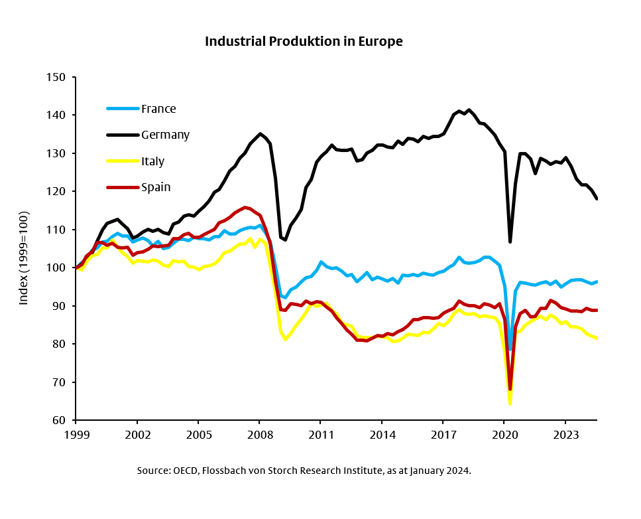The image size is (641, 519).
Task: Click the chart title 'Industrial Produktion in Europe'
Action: (x=304, y=41)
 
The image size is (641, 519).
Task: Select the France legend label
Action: (x=158, y=109)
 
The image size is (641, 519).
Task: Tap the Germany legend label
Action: (x=165, y=135)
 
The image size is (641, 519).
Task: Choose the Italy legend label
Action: (x=152, y=161)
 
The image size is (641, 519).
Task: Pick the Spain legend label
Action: (x=156, y=187)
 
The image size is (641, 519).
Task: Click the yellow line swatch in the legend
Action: (x=123, y=161)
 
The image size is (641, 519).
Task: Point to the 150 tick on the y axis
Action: (x=58, y=77)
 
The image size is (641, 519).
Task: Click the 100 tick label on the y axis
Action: (x=58, y=268)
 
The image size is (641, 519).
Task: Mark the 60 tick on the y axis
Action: (x=60, y=421)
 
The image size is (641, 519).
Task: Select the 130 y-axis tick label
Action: (x=58, y=153)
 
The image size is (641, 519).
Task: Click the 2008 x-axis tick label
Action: (x=259, y=435)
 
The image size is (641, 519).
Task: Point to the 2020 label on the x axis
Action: (x=504, y=435)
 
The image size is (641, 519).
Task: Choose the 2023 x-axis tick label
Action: (x=565, y=435)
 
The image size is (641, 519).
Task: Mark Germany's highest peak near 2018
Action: (x=469, y=110)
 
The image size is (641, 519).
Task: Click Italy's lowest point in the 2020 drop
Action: (x=510, y=403)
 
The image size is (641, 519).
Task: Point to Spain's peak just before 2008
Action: (x=245, y=207)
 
